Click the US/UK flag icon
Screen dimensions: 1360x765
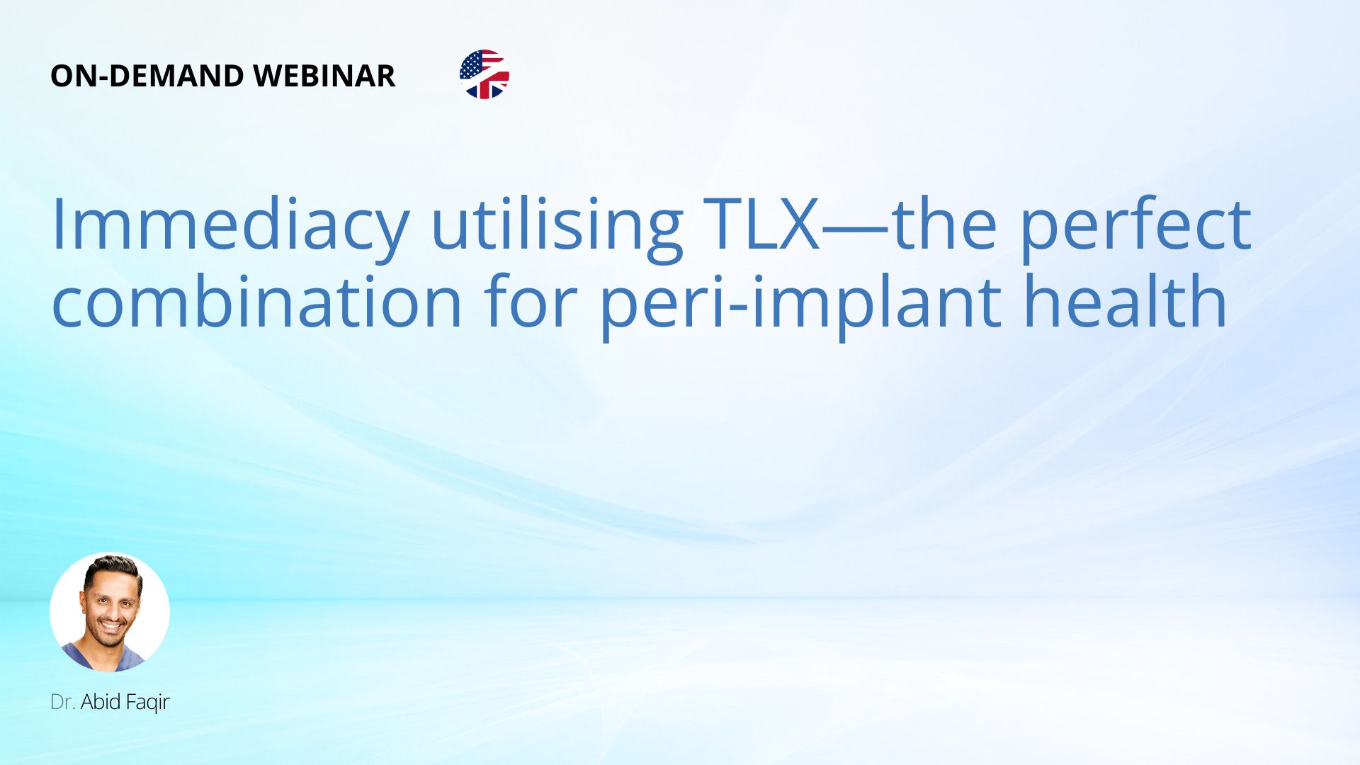[484, 74]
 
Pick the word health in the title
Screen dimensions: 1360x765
[1126, 302]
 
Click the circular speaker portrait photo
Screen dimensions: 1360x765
[110, 613]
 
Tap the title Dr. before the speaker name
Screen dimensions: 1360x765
[62, 702]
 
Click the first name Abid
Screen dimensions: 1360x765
[101, 702]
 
